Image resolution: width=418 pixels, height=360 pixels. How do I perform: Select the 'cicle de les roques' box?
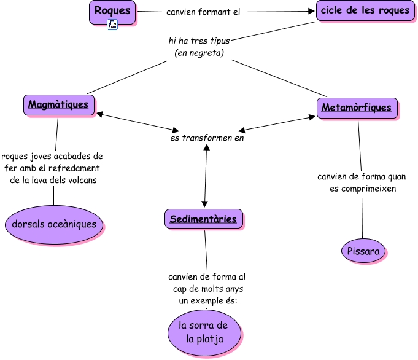(x=365, y=11)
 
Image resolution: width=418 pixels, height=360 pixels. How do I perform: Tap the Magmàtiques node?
(x=59, y=104)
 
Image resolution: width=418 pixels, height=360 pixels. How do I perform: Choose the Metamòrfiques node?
(x=357, y=108)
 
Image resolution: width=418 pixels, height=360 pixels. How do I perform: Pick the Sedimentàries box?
(x=204, y=219)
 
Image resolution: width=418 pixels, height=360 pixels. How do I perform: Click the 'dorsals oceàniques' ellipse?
(x=54, y=224)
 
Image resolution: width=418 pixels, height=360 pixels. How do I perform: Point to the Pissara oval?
(x=363, y=251)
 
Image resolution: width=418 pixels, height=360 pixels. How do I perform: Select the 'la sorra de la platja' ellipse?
(x=204, y=332)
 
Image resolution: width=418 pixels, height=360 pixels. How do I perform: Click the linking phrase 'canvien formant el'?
(x=203, y=12)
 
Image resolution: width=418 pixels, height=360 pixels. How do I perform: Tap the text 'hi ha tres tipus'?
(x=199, y=41)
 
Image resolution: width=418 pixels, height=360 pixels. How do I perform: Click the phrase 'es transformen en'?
(x=207, y=138)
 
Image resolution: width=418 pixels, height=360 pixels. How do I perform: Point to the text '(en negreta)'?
(x=199, y=53)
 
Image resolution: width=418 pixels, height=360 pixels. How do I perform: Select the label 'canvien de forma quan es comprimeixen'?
(x=362, y=182)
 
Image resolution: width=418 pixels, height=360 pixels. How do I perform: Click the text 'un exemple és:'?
(x=207, y=301)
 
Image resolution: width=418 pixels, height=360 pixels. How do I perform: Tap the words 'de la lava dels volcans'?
(x=54, y=181)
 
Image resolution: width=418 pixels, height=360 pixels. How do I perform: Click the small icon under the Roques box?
(x=112, y=25)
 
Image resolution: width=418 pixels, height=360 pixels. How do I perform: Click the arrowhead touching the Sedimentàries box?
(x=204, y=205)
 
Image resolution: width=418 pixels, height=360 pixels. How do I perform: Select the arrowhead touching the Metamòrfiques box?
(x=313, y=116)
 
